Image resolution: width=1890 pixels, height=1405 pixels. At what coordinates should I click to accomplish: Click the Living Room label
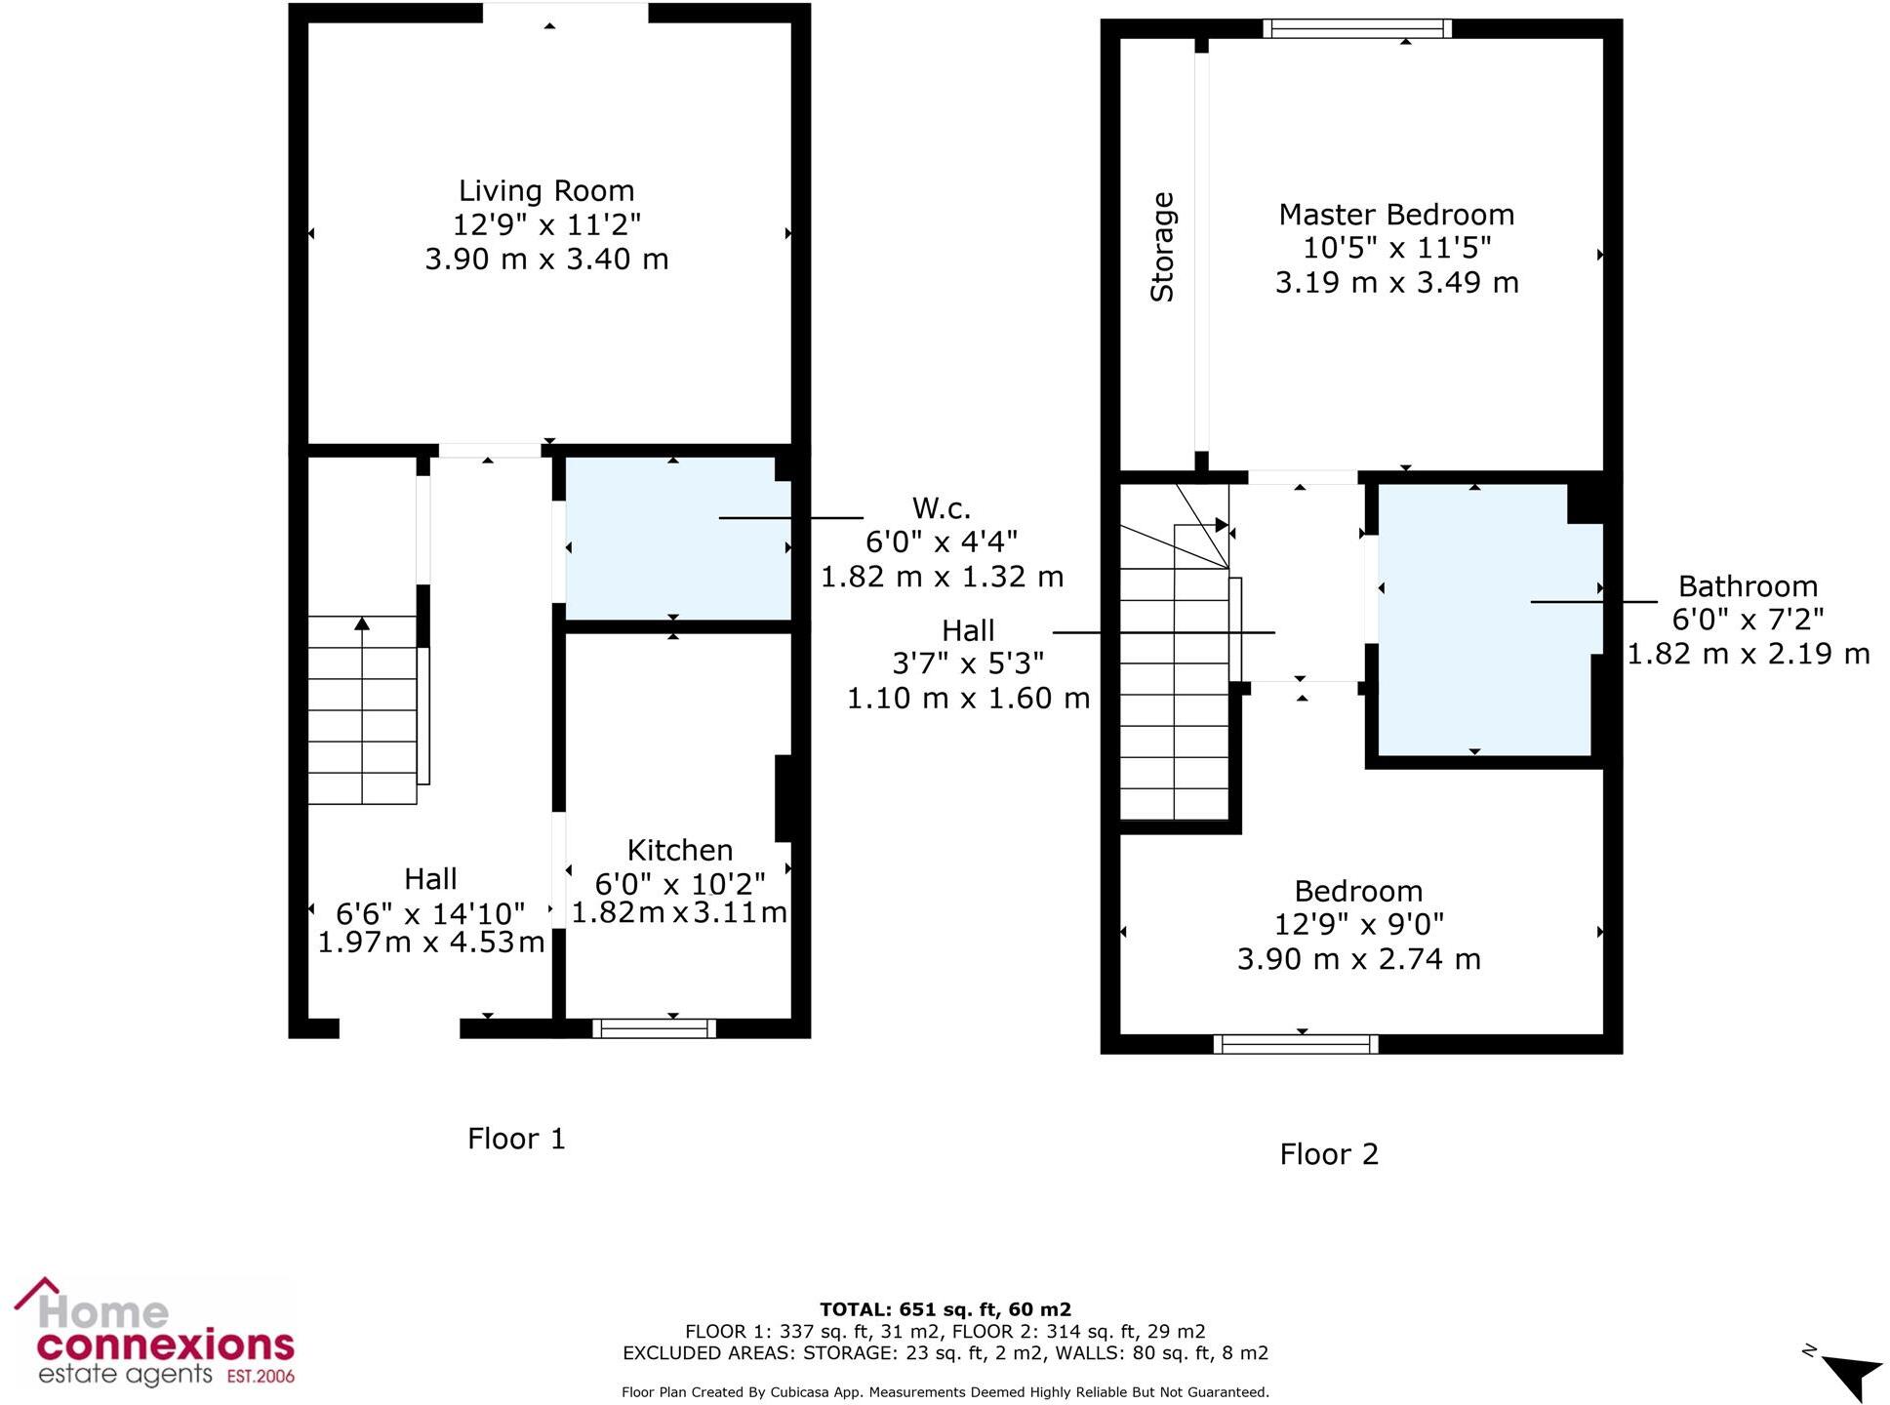pyautogui.click(x=546, y=190)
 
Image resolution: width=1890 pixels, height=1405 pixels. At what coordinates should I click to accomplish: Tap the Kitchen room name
pyautogui.click(x=679, y=850)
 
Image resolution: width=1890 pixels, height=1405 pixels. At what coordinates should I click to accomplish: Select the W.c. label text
pyautogui.click(x=941, y=507)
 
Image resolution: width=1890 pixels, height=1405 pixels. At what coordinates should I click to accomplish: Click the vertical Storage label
pyautogui.click(x=1162, y=247)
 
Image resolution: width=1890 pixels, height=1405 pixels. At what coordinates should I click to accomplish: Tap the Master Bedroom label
pyautogui.click(x=1396, y=215)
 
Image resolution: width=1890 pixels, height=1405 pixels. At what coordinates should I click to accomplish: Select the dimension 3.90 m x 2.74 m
pyautogui.click(x=1358, y=959)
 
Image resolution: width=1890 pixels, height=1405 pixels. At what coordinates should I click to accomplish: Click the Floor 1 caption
pyautogui.click(x=516, y=1139)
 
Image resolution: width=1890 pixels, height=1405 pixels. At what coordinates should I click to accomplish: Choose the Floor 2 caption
pyautogui.click(x=1329, y=1154)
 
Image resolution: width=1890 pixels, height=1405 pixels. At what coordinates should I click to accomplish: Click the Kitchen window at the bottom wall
pyautogui.click(x=655, y=1028)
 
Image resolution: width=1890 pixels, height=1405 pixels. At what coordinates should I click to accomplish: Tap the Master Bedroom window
pyautogui.click(x=1356, y=28)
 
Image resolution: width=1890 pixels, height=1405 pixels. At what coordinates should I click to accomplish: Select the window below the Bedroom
pyautogui.click(x=1296, y=1045)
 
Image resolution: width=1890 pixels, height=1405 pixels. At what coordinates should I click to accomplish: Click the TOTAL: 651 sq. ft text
pyautogui.click(x=945, y=1309)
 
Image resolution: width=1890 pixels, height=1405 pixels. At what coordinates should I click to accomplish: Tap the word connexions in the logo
pyautogui.click(x=166, y=1345)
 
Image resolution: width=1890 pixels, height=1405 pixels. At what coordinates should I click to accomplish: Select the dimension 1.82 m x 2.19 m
pyautogui.click(x=1748, y=654)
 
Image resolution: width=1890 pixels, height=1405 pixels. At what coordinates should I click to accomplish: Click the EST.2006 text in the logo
pyautogui.click(x=261, y=1377)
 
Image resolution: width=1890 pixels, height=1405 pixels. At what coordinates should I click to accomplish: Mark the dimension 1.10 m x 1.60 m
pyautogui.click(x=968, y=699)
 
